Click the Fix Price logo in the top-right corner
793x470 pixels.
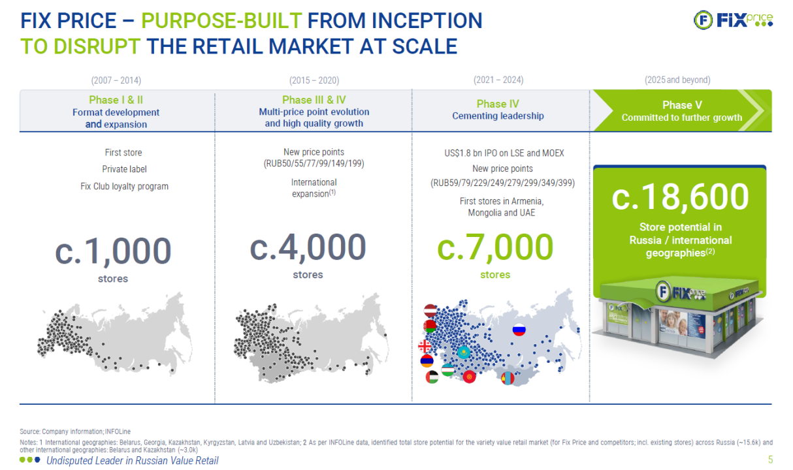click(x=733, y=20)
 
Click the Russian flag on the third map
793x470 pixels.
click(x=519, y=330)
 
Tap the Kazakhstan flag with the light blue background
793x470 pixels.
click(x=463, y=352)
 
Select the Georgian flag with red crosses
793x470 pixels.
click(x=425, y=346)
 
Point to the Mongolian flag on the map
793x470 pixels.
click(x=508, y=378)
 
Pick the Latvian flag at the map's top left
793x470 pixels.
click(x=430, y=311)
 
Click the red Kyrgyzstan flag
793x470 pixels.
click(x=470, y=377)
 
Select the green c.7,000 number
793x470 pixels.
click(x=495, y=247)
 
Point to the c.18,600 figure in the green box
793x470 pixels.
click(x=680, y=196)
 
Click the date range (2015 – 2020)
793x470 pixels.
click(x=314, y=80)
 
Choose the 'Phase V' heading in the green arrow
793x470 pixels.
click(x=682, y=105)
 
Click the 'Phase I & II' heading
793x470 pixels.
click(x=116, y=100)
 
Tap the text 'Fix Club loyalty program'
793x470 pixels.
click(x=124, y=187)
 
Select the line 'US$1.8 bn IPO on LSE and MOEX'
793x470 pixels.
click(x=504, y=153)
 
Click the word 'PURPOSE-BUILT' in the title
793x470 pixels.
click(x=221, y=20)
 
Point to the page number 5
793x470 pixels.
click(x=770, y=460)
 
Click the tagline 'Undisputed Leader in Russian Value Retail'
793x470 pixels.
click(x=133, y=460)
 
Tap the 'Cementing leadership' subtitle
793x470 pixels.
click(x=498, y=116)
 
